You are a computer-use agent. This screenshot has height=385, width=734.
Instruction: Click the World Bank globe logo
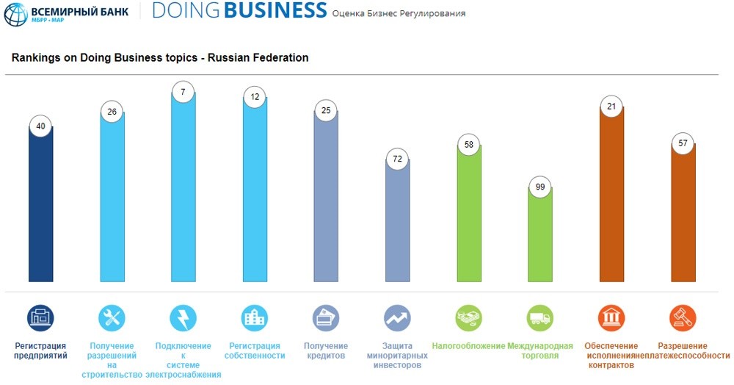pos(15,14)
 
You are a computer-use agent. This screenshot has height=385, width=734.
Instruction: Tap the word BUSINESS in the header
pos(275,10)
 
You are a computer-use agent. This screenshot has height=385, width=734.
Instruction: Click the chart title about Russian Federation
pos(160,57)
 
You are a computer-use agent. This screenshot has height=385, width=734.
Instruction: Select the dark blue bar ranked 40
pos(40,204)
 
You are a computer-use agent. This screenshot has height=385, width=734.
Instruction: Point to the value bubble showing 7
pos(183,92)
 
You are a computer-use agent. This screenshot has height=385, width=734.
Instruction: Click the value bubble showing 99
pos(540,187)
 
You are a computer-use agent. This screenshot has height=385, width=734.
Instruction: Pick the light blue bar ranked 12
pos(255,190)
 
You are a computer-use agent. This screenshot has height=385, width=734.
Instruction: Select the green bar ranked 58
pos(469,213)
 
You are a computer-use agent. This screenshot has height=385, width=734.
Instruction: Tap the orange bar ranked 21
pos(611,195)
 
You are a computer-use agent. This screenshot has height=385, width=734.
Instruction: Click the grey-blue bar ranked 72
pos(397,220)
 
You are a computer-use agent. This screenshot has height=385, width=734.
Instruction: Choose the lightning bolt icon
pos(183,318)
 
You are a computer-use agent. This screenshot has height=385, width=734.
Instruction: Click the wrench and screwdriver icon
pos(112,318)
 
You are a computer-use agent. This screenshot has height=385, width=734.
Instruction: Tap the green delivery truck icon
pos(539,318)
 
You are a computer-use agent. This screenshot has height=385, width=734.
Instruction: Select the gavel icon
pos(683,318)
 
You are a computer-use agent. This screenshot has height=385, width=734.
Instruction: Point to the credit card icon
pos(326,318)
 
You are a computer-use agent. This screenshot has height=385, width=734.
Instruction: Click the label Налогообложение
pos(468,346)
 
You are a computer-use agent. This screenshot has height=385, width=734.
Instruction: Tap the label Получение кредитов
pos(326,350)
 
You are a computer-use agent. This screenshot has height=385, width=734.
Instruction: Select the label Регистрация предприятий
pos(40,350)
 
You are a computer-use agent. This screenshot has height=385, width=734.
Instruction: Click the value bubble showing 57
pos(683,143)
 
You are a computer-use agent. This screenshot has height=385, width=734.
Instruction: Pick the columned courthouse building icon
pos(611,318)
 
